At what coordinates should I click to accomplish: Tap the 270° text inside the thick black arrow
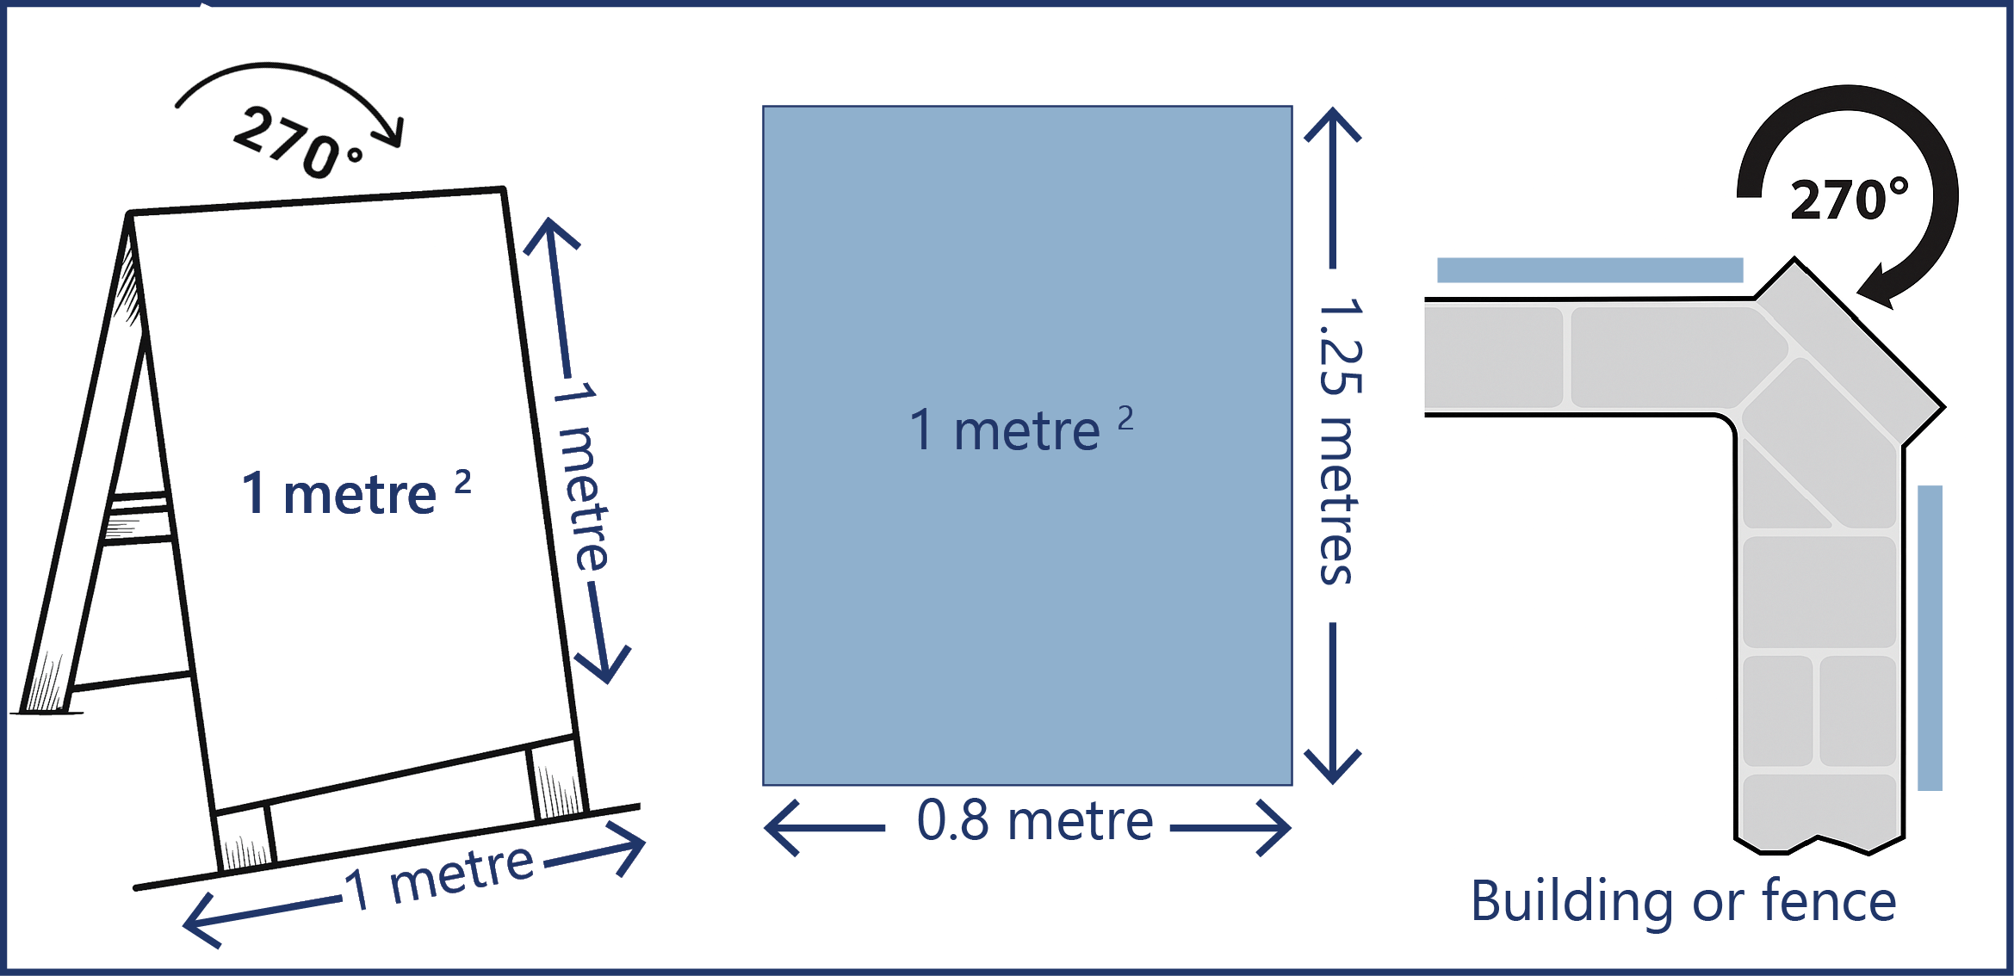1849,200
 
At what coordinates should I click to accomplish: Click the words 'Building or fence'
1683,901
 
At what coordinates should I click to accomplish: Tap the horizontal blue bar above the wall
1590,269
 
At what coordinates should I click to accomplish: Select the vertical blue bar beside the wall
1930,638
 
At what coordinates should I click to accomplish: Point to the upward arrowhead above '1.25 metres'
1332,126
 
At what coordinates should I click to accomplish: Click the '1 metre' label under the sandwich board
439,878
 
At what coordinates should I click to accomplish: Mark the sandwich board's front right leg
558,779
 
